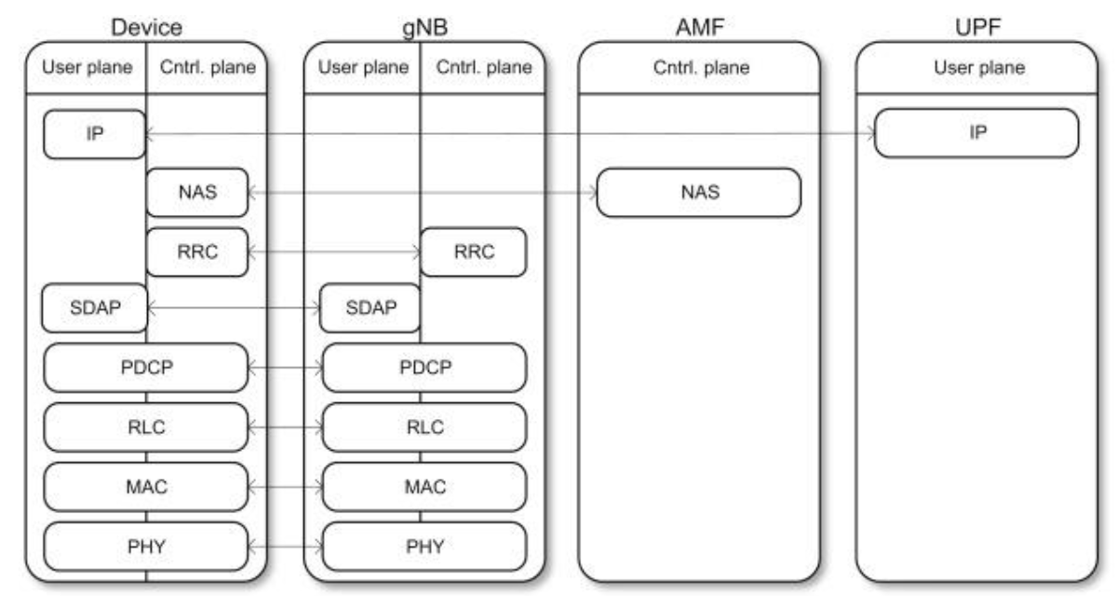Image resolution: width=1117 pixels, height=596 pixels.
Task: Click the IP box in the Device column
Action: pyautogui.click(x=95, y=134)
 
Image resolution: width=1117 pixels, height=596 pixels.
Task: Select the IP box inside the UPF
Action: pyautogui.click(x=976, y=133)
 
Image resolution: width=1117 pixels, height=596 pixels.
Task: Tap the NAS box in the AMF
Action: pyautogui.click(x=699, y=193)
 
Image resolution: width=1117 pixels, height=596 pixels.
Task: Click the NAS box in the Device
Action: pyautogui.click(x=197, y=193)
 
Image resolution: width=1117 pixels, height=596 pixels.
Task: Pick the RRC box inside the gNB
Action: pyautogui.click(x=473, y=251)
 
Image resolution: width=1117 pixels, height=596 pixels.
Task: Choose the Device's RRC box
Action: pyautogui.click(x=197, y=251)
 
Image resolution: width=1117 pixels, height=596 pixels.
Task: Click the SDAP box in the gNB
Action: pyautogui.click(x=370, y=307)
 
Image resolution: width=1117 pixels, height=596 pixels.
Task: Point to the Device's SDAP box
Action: pyautogui.click(x=95, y=307)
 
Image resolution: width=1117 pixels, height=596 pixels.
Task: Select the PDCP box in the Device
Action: pyautogui.click(x=146, y=368)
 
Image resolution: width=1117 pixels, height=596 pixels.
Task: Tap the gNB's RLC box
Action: pyautogui.click(x=424, y=427)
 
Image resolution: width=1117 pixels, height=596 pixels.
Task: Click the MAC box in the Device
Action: pyautogui.click(x=146, y=487)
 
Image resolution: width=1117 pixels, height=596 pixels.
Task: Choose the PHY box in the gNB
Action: pyautogui.click(x=424, y=547)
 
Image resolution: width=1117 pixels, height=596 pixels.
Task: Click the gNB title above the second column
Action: pyautogui.click(x=424, y=28)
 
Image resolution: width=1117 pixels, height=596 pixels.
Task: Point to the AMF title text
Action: pyautogui.click(x=700, y=27)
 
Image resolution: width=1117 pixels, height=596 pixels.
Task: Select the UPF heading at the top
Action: pyautogui.click(x=977, y=27)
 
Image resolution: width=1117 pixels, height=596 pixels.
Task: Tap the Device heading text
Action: pyautogui.click(x=147, y=27)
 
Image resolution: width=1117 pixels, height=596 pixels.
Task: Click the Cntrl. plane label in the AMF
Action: pyautogui.click(x=701, y=67)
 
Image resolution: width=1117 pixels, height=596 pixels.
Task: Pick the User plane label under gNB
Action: pyautogui.click(x=364, y=67)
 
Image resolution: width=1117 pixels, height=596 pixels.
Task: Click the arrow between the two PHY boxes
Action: pyautogui.click(x=285, y=548)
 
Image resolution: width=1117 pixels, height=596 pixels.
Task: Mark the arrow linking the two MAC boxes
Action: pyautogui.click(x=285, y=487)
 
